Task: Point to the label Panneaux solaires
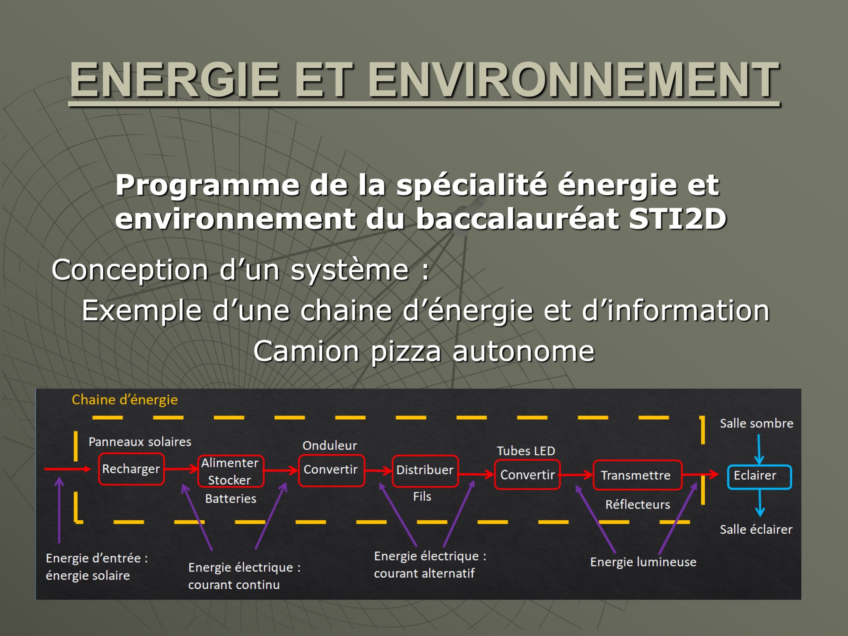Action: [x=140, y=442]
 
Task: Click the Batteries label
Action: [x=231, y=499]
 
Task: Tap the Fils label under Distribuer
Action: [x=422, y=497]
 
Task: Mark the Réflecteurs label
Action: [x=638, y=504]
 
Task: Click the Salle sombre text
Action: [x=756, y=423]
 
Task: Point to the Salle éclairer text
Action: [x=756, y=529]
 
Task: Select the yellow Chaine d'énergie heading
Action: [x=125, y=400]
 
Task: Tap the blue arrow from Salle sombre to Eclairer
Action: [x=759, y=449]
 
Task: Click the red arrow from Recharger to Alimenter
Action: [x=181, y=468]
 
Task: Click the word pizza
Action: [x=406, y=351]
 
